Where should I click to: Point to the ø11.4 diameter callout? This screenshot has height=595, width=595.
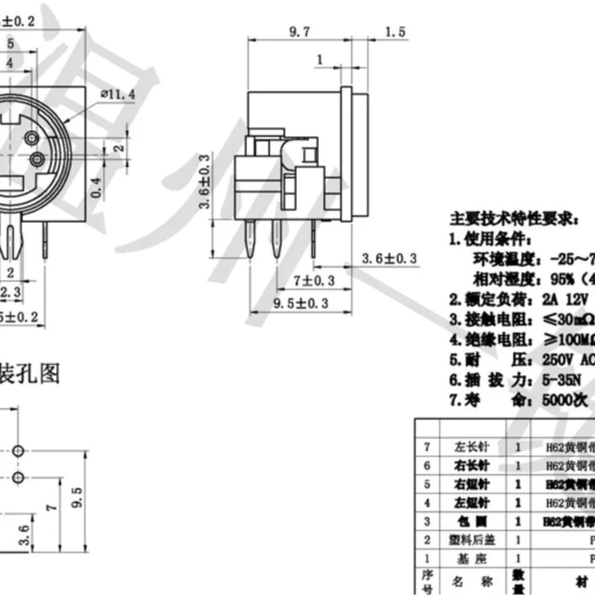pos(117,94)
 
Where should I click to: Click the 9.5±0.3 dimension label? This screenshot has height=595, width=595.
pos(301,303)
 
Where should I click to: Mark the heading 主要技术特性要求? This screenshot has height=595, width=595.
pos(512,219)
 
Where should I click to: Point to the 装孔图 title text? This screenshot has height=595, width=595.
pos(30,373)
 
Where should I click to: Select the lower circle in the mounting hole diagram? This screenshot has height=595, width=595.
pos(19,476)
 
